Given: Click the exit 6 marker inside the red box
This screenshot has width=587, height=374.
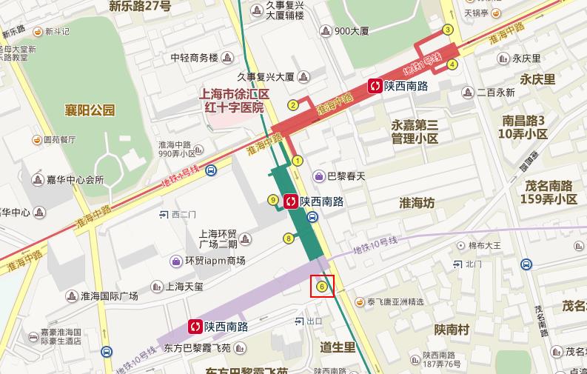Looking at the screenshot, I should [322, 286].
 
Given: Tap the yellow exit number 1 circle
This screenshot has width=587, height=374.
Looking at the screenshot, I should [298, 160].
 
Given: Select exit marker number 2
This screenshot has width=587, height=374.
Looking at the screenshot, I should [293, 104].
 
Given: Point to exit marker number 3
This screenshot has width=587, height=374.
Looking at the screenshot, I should [447, 30].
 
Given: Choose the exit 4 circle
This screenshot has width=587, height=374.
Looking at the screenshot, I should [452, 64].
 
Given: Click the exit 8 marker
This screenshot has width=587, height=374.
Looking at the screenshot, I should [289, 238].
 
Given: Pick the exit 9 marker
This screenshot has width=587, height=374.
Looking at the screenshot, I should [273, 200].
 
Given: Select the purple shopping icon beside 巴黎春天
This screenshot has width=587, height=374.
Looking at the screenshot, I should [319, 176].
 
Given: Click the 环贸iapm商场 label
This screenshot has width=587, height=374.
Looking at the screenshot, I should [215, 261].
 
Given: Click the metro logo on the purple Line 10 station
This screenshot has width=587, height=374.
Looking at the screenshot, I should [195, 326].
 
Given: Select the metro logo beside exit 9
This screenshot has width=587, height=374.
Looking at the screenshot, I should [291, 200].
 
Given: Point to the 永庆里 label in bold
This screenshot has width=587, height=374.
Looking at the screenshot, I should [537, 79].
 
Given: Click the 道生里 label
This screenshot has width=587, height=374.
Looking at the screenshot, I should [338, 347].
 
